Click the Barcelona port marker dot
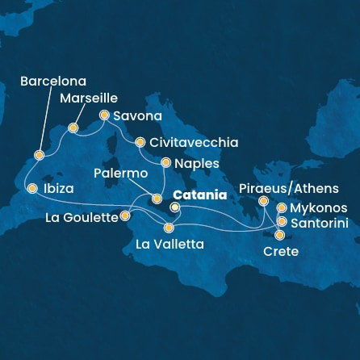tap(39, 153)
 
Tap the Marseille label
tap(88, 100)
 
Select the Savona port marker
tap(104, 115)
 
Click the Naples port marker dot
tap(165, 161)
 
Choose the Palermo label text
tap(120, 174)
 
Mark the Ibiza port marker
tap(32, 189)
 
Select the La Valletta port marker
tap(169, 228)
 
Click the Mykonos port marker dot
tap(281, 207)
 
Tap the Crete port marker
tap(280, 236)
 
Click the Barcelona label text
tap(52, 82)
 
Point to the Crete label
tap(281, 252)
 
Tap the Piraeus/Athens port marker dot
tap(263, 201)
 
